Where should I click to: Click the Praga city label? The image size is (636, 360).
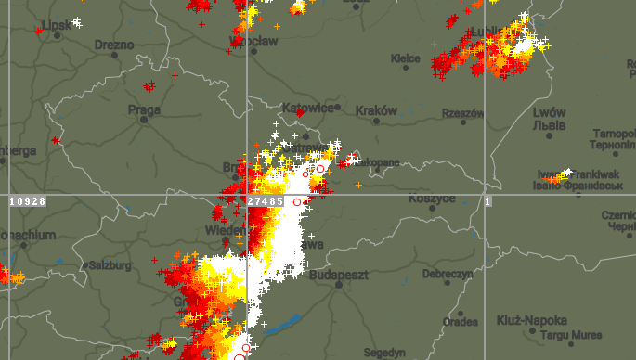point(144,109)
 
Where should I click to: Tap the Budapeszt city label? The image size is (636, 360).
point(340,275)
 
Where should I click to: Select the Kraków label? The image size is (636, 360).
point(376,110)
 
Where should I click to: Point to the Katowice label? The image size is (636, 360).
point(308,108)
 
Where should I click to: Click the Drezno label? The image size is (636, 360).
point(114,44)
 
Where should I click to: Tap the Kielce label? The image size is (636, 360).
point(406,58)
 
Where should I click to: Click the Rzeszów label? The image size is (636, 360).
point(463,113)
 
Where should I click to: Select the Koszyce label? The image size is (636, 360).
point(433,199)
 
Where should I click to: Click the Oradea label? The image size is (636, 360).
point(461,322)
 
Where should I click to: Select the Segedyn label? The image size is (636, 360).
point(385,353)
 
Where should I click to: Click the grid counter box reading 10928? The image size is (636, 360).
point(27,201)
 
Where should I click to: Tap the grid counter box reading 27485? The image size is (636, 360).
point(266,201)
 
